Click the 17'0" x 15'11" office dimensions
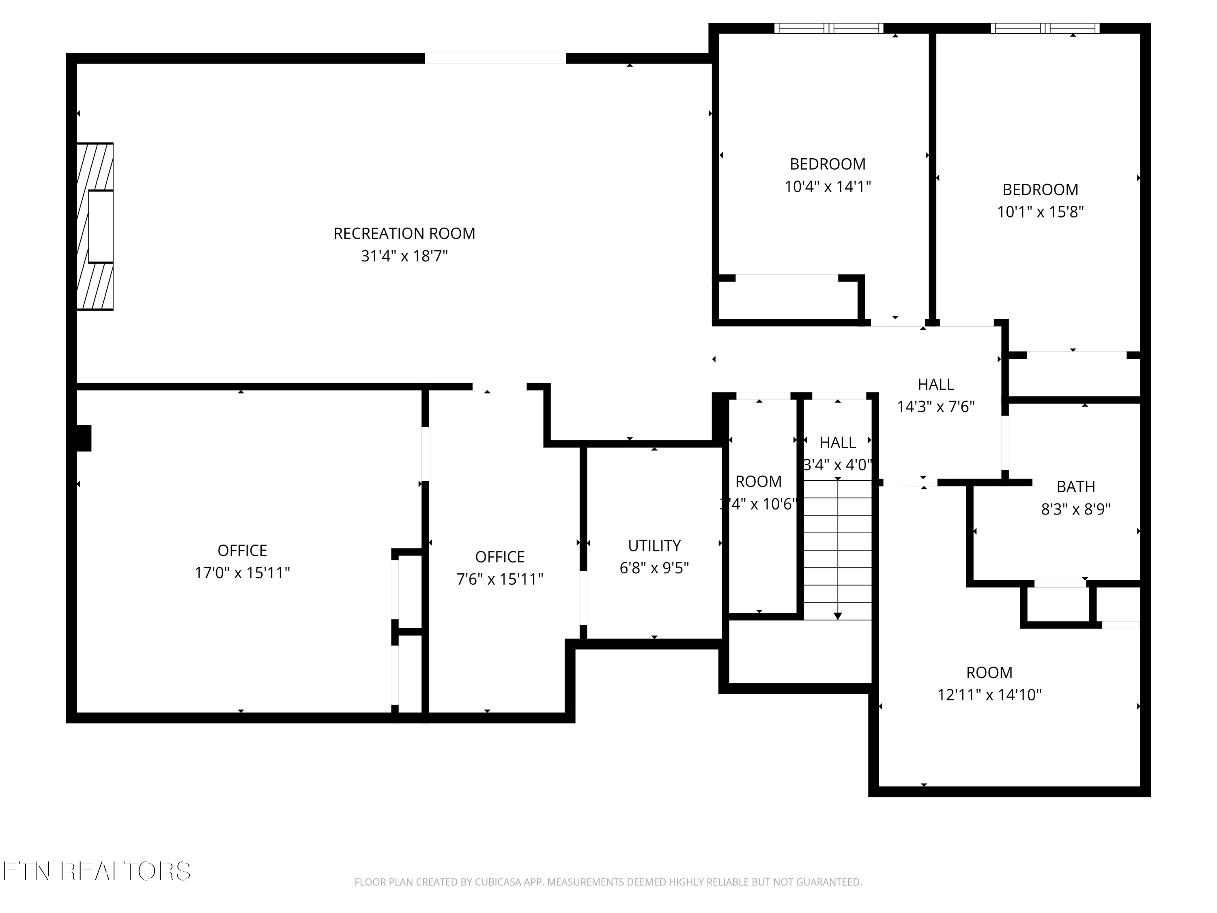(x=242, y=573)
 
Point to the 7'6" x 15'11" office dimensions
(x=499, y=579)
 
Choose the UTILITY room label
(x=654, y=545)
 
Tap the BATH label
(x=1075, y=487)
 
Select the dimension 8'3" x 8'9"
(x=1075, y=509)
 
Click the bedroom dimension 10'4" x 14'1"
(x=828, y=187)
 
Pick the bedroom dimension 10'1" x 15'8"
(x=1040, y=212)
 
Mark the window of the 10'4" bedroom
(x=828, y=28)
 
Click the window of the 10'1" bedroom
(x=1045, y=28)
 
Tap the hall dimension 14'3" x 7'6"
(x=936, y=407)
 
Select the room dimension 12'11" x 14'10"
(x=989, y=695)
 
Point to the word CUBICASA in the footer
(x=498, y=882)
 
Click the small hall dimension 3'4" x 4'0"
(x=837, y=465)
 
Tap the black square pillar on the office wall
(x=84, y=438)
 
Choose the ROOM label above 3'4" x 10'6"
(x=758, y=482)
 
